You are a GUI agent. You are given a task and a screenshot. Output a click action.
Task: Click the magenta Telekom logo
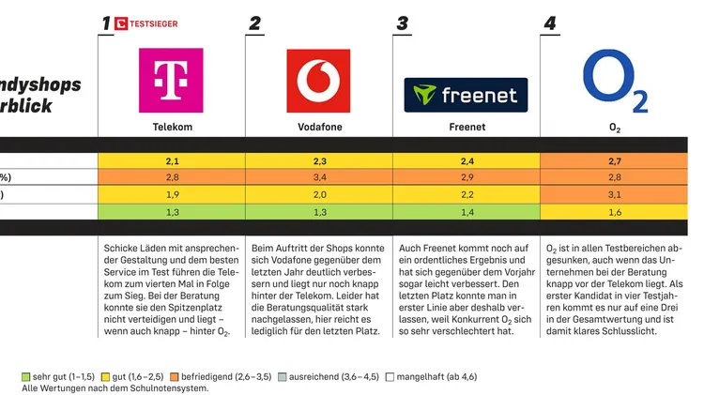(x=171, y=81)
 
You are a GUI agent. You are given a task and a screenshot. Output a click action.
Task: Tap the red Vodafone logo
(x=319, y=81)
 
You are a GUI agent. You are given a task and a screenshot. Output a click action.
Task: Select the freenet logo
(x=467, y=94)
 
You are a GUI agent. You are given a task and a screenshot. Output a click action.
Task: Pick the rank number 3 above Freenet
(x=402, y=23)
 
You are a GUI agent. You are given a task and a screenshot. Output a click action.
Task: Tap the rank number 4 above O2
(x=549, y=23)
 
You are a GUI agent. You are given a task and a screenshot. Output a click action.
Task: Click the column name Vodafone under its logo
(x=319, y=127)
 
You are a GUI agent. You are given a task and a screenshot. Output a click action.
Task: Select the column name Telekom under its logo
(x=172, y=127)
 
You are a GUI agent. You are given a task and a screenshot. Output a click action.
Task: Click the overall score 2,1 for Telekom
(x=172, y=161)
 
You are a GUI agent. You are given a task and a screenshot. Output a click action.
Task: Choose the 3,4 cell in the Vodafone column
(x=319, y=177)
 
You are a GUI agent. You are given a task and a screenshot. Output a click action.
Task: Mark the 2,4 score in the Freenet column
(x=467, y=161)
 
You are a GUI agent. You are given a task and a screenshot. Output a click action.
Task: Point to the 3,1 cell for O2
(x=615, y=194)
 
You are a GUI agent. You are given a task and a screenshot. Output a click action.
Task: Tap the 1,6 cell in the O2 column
(x=615, y=213)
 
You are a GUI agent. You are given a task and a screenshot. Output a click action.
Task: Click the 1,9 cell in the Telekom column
(x=172, y=194)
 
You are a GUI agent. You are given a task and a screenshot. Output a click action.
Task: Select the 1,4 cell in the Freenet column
(x=467, y=213)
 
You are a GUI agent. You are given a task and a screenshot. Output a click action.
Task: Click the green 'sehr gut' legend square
(x=26, y=376)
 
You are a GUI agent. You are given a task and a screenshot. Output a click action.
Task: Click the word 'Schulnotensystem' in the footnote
(x=169, y=387)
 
